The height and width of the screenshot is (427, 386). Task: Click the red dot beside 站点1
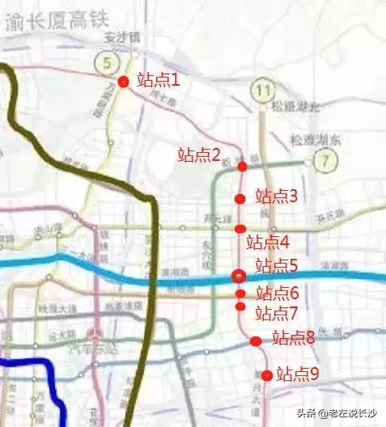pyautogui.click(x=123, y=81)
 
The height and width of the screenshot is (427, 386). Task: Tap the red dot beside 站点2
pyautogui.click(x=242, y=166)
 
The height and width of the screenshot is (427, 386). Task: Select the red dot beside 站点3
pyautogui.click(x=240, y=198)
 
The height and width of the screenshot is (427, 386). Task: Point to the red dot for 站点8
pyautogui.click(x=256, y=341)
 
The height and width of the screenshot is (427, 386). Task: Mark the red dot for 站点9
pyautogui.click(x=267, y=374)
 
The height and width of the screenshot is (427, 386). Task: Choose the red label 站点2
pyautogui.click(x=199, y=154)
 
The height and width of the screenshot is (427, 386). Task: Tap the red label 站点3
pyautogui.click(x=277, y=196)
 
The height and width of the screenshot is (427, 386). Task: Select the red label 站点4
pyautogui.click(x=267, y=241)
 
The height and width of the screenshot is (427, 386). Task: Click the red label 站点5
pyautogui.click(x=277, y=265)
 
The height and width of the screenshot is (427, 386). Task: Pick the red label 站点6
pyautogui.click(x=278, y=293)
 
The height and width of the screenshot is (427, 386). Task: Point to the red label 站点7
pyautogui.click(x=277, y=312)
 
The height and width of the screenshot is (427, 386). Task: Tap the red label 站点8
pyautogui.click(x=293, y=338)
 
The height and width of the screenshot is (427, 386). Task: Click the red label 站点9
pyautogui.click(x=298, y=374)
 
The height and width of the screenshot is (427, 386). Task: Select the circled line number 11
pyautogui.click(x=261, y=89)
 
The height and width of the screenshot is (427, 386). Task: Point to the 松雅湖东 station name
pyautogui.click(x=316, y=139)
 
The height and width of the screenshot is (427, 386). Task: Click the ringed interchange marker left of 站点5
pyautogui.click(x=239, y=276)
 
